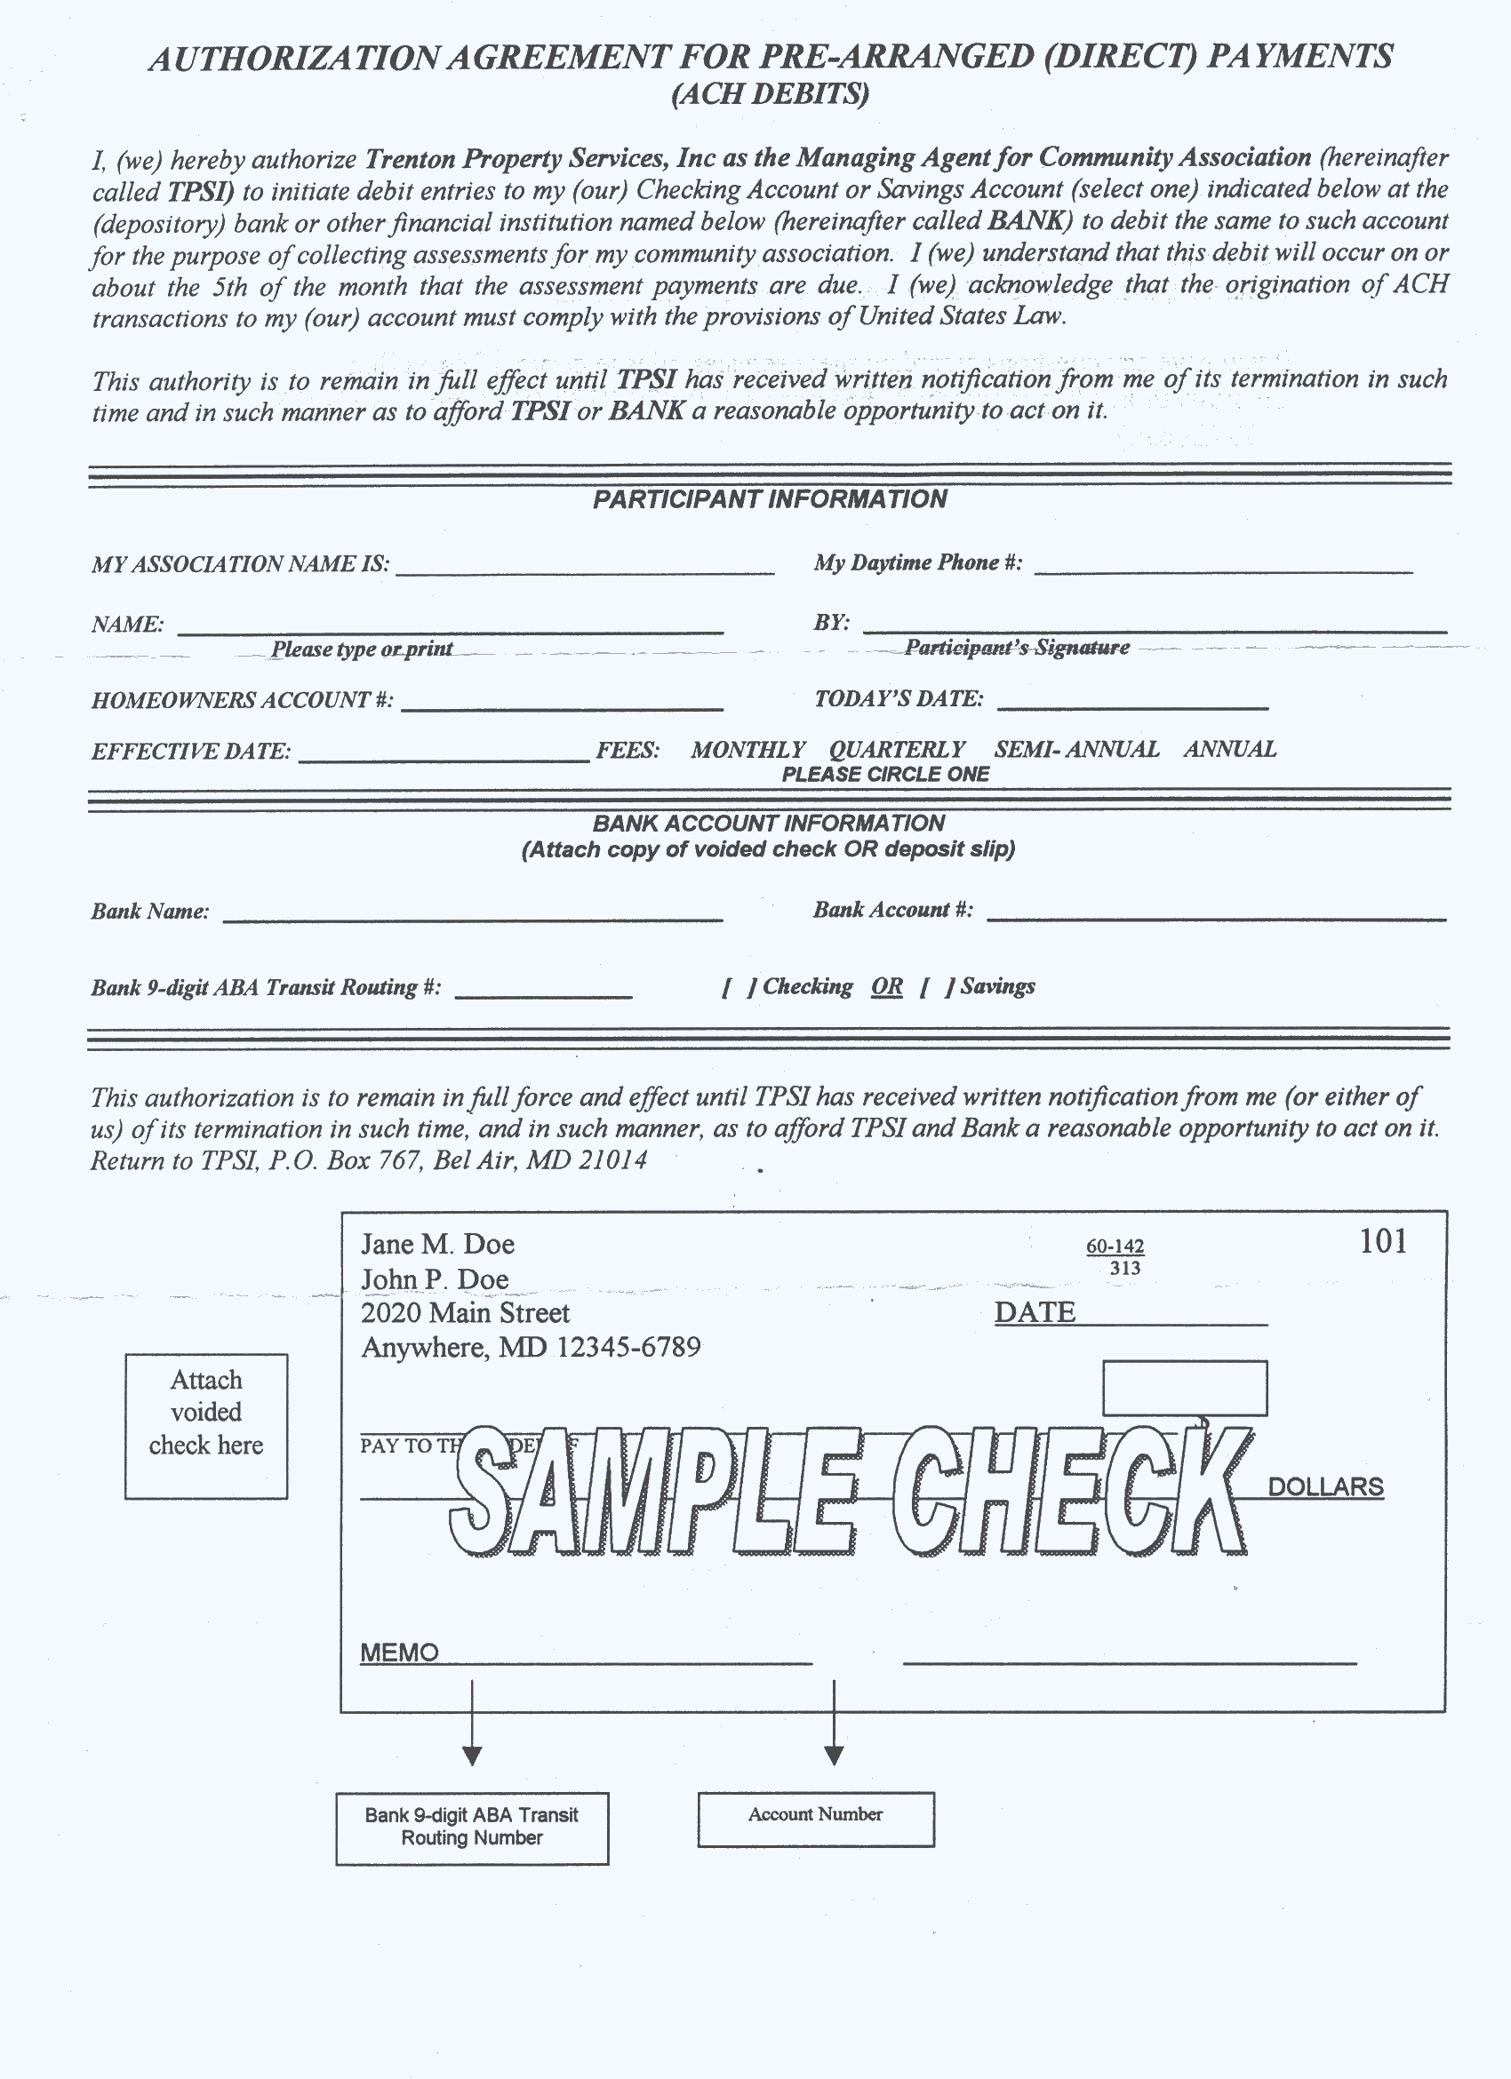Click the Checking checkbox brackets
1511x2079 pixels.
738,987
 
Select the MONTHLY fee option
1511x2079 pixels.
748,750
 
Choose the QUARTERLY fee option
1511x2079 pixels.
897,750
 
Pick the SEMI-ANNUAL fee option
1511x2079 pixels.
1076,750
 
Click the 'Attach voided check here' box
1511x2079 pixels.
206,1426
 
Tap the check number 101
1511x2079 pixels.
1383,1241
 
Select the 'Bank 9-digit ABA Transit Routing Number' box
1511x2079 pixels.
471,1828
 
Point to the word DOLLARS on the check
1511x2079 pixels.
1325,1486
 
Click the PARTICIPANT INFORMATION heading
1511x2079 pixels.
769,499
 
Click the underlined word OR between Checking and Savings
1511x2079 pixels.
887,987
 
